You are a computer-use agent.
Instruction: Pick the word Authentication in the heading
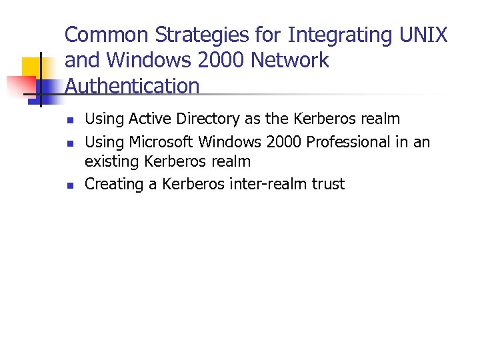pos(132,86)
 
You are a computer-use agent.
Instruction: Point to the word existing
pos(112,161)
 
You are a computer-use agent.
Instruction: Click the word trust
pos(327,184)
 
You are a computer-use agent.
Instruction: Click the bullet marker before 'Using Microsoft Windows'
pos(69,143)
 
